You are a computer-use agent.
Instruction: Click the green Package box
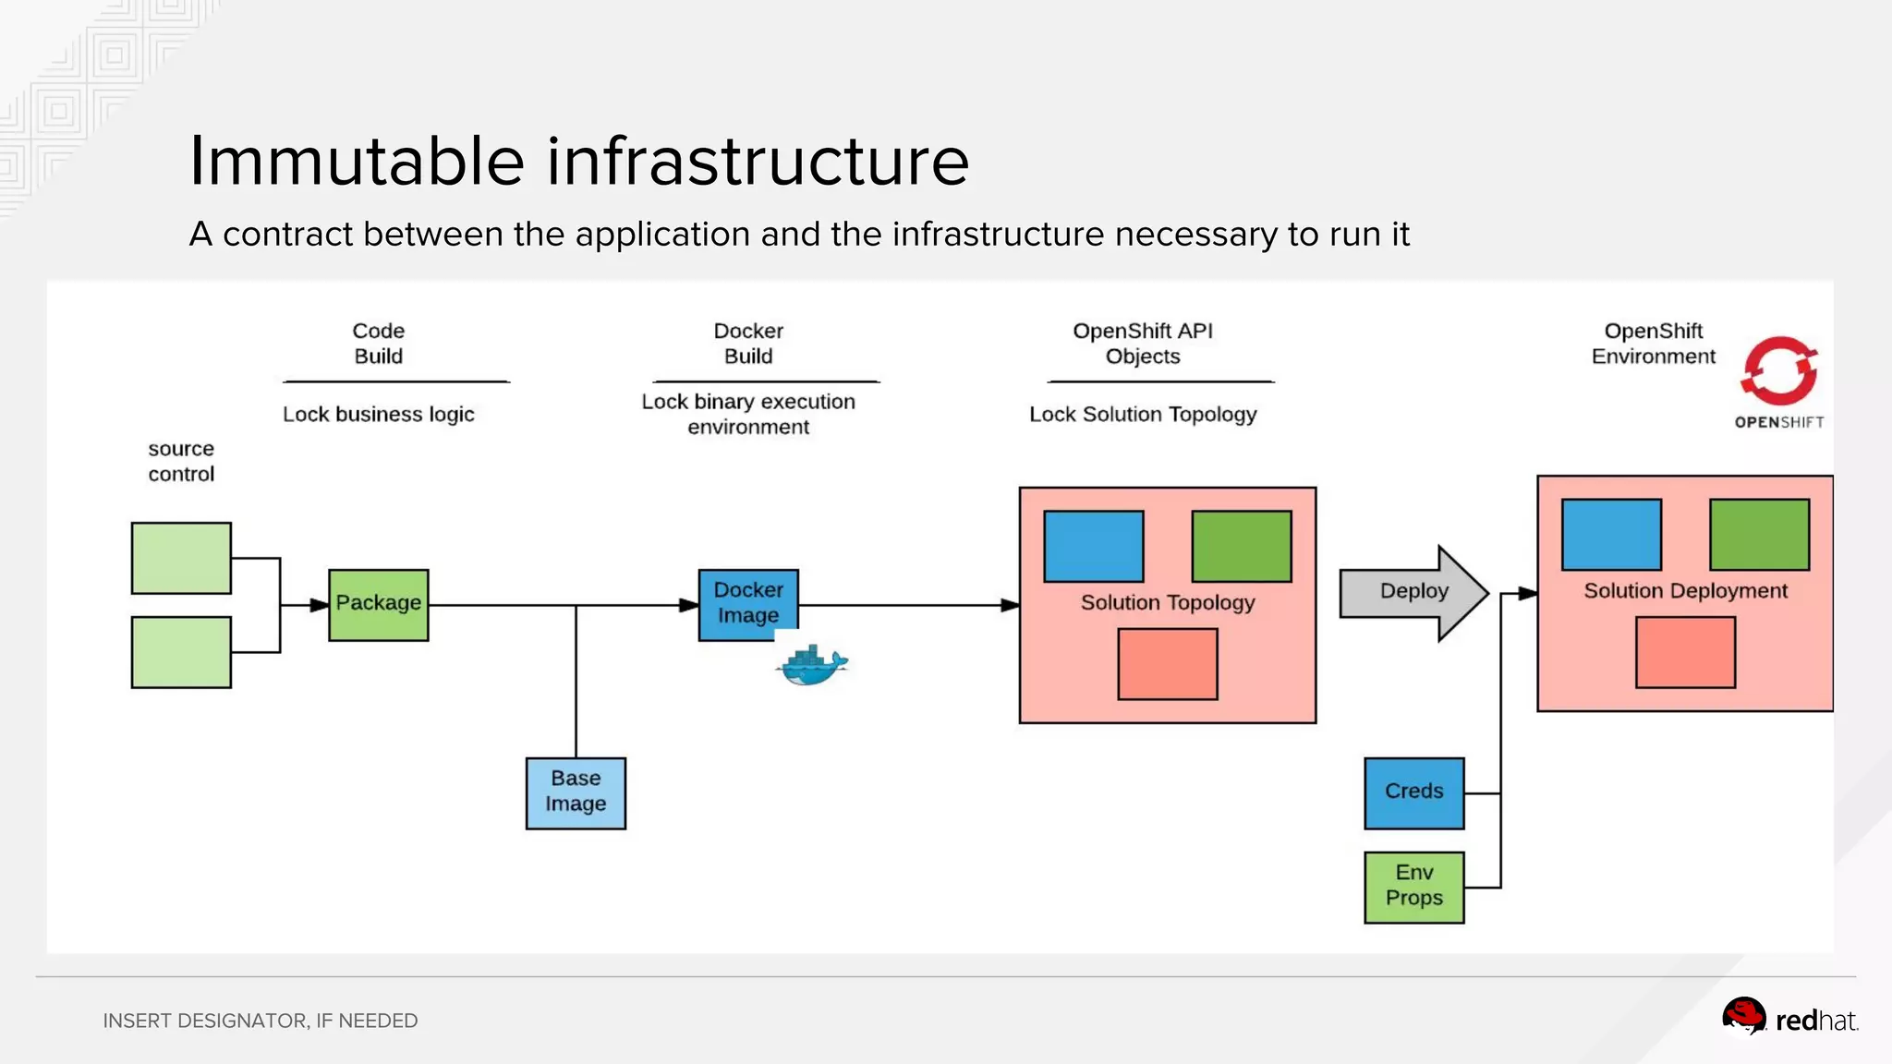[378, 605]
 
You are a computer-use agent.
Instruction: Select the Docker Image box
[748, 604]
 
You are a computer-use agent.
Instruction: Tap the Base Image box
[576, 792]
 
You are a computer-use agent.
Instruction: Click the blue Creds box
[1413, 792]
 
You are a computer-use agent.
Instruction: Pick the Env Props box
[1413, 887]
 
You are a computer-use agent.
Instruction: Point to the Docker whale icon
[811, 666]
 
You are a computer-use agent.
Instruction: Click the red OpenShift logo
[1778, 371]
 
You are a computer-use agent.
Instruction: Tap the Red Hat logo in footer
[1789, 1019]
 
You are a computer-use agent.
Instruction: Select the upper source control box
[181, 558]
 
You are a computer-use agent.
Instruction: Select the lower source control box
[181, 652]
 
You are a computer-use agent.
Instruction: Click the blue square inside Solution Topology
[1093, 546]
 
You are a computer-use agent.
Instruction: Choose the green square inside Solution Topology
[1241, 546]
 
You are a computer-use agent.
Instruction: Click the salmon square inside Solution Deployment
[1684, 652]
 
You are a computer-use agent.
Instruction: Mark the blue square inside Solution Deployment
[1610, 534]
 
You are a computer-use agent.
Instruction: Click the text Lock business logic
[378, 414]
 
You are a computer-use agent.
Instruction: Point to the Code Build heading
[378, 344]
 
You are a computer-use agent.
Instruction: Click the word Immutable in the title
[357, 161]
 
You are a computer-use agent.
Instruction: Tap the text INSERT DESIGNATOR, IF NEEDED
[260, 1021]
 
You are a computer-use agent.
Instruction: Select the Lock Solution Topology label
[1143, 414]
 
